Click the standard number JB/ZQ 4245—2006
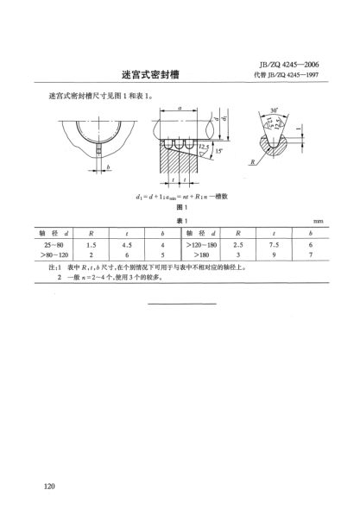[x=294, y=63]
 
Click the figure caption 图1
[x=180, y=208]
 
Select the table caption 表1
[x=180, y=221]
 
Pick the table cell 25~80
[x=54, y=245]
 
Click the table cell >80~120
[x=54, y=256]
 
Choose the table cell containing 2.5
[x=237, y=245]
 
